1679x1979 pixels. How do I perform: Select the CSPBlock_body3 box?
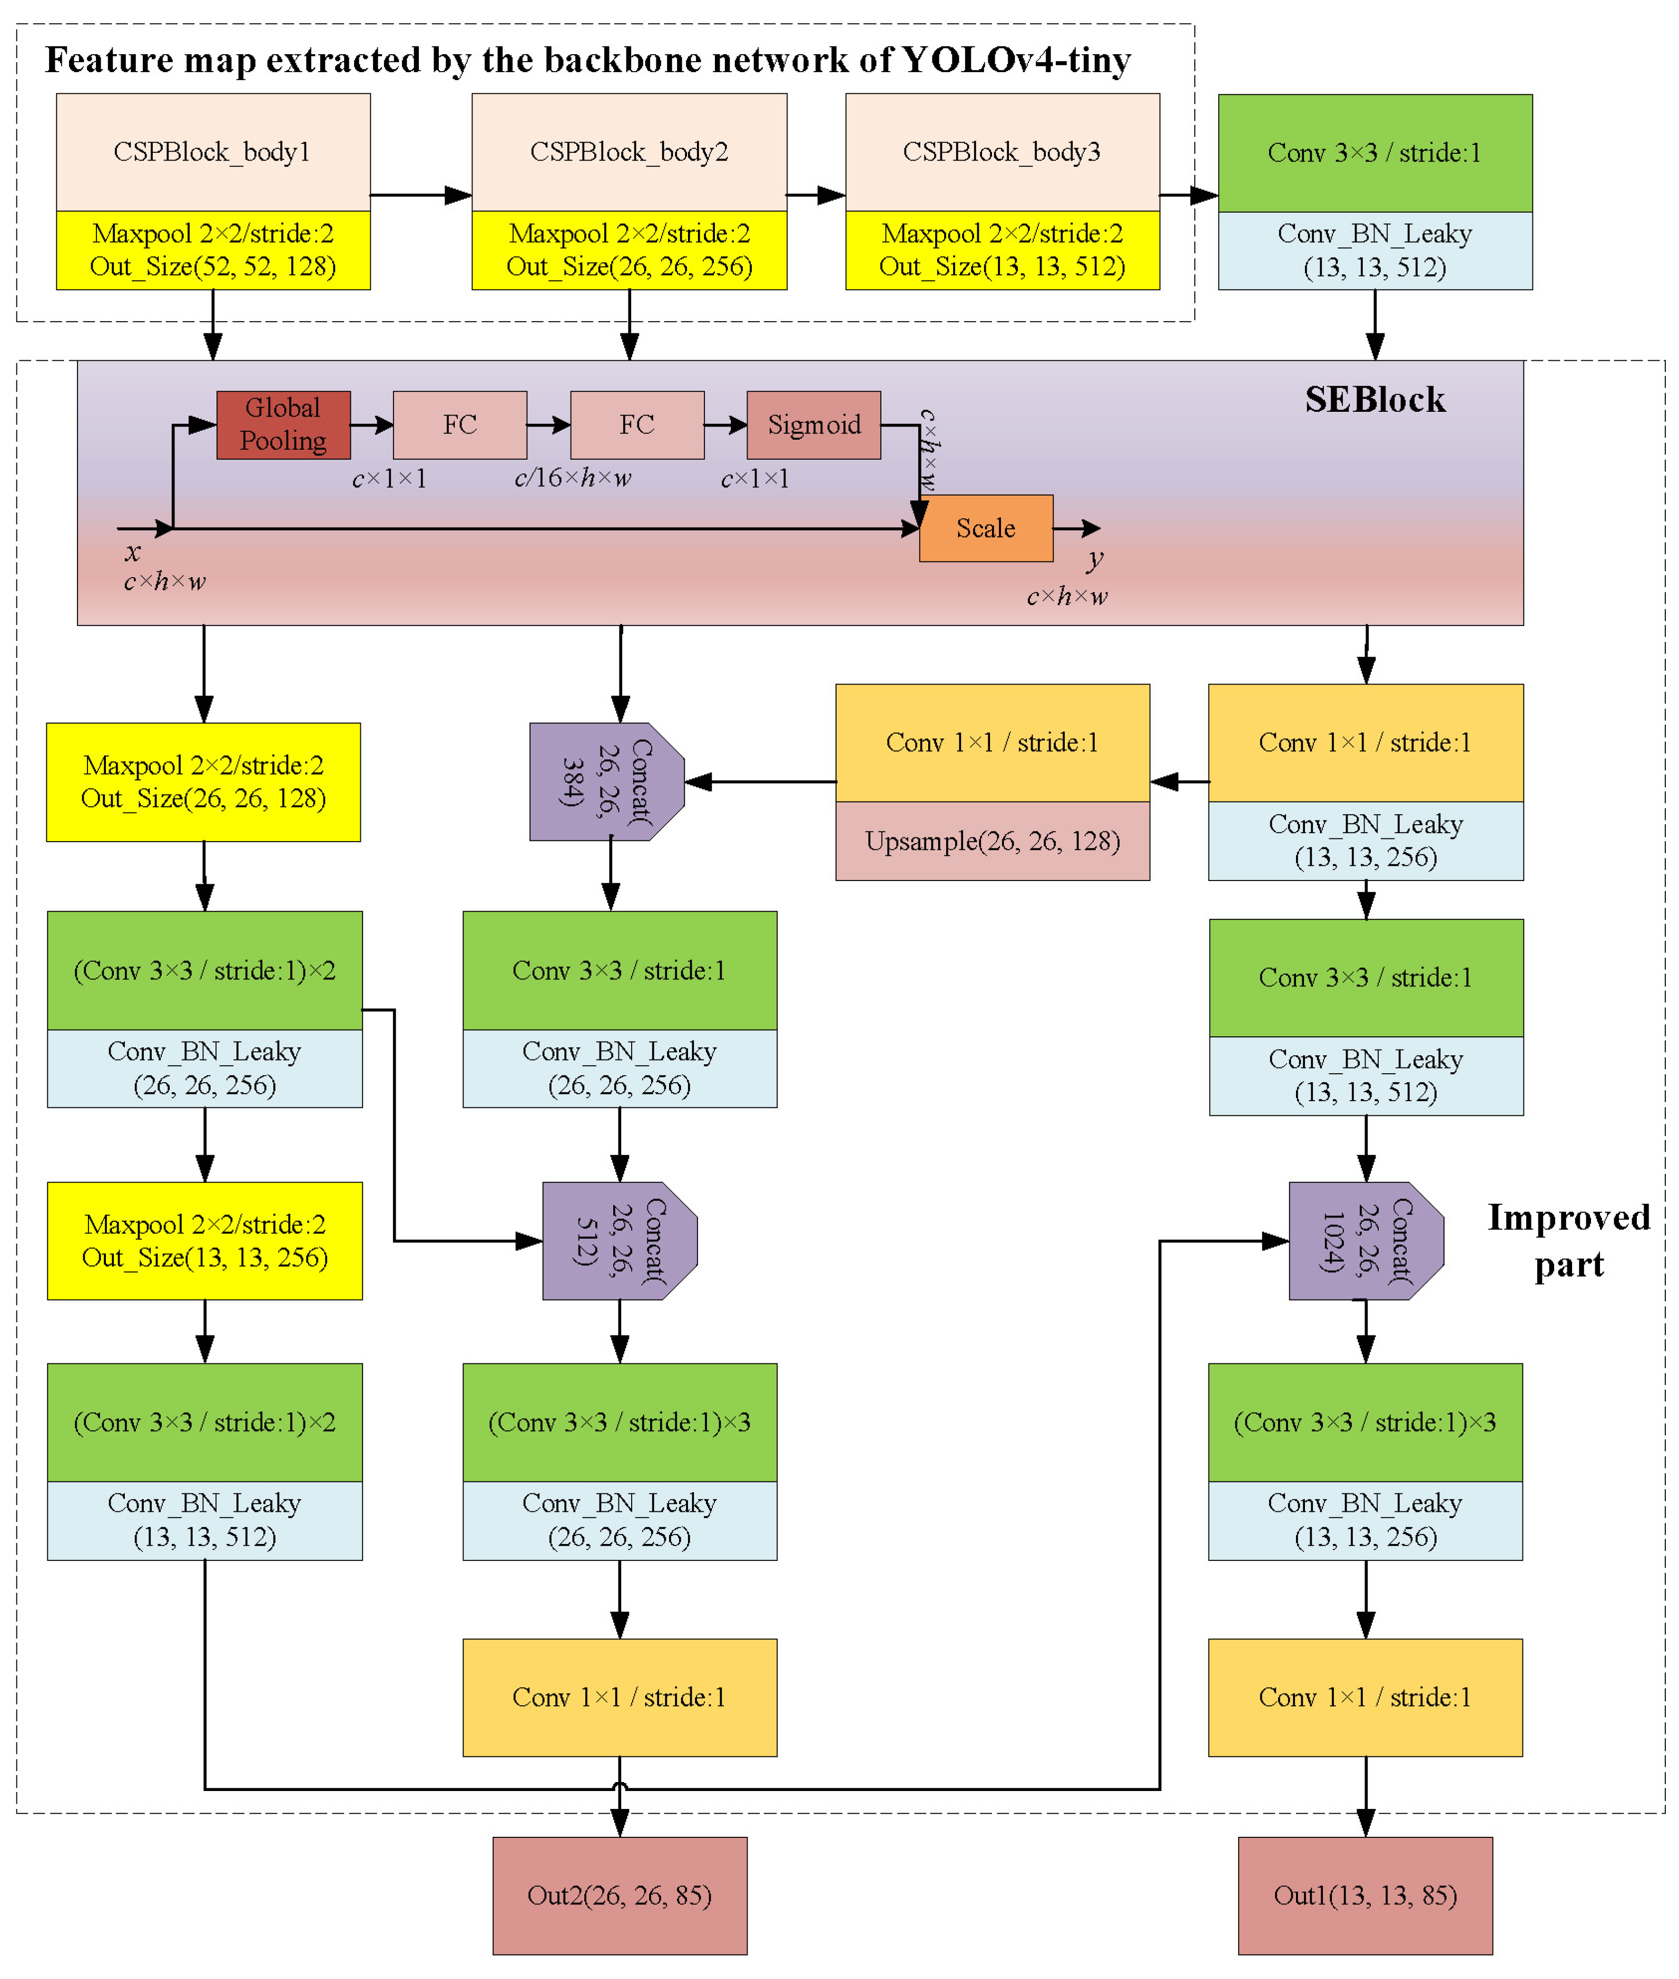[x=1001, y=152]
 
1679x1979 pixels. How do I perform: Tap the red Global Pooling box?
[x=283, y=424]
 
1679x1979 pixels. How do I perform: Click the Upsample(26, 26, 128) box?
[x=992, y=841]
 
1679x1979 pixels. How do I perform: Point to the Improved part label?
[x=1568, y=1241]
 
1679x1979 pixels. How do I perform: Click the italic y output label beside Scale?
[x=1095, y=559]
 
